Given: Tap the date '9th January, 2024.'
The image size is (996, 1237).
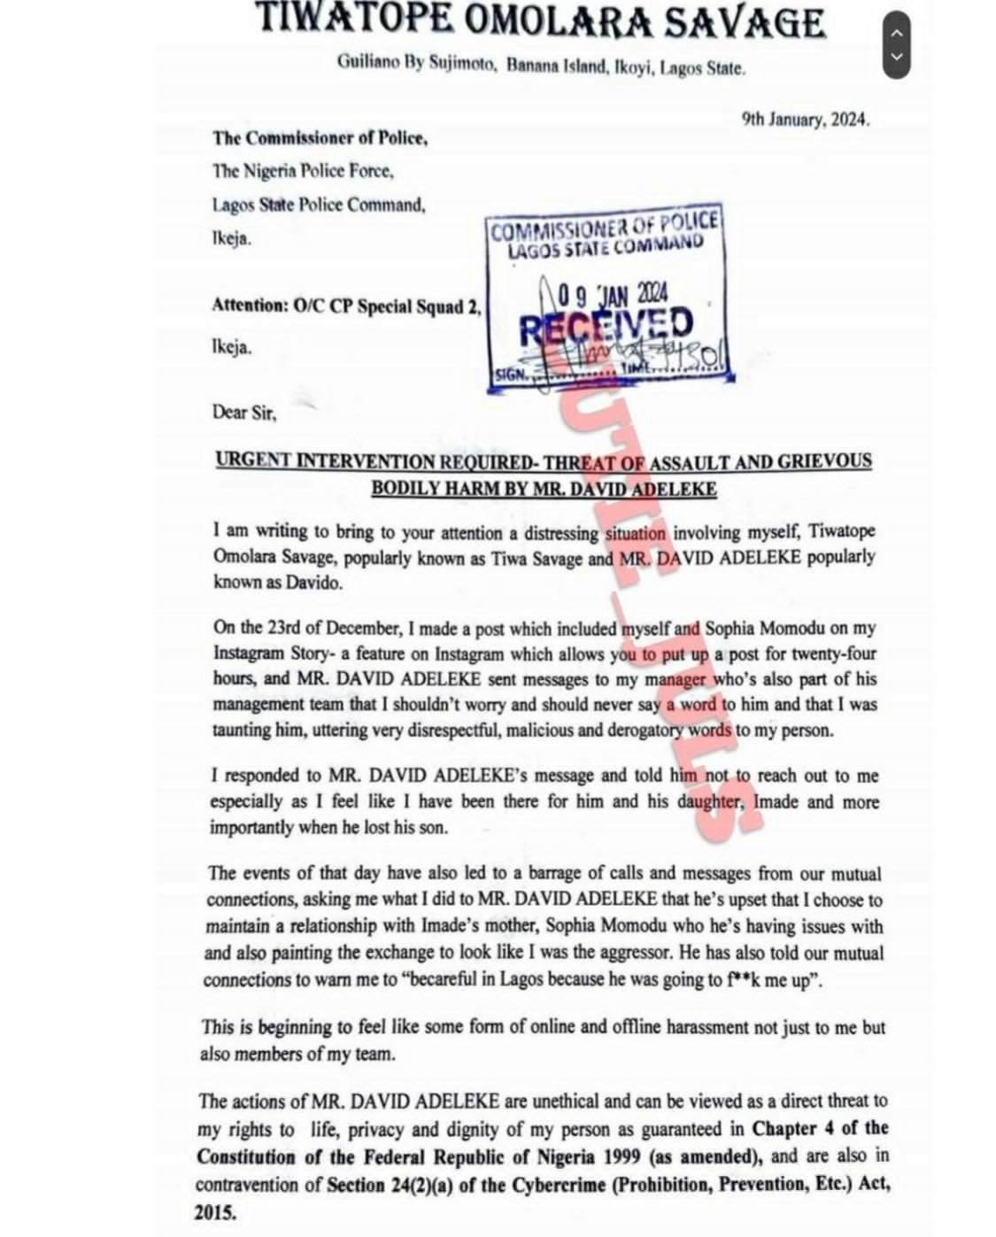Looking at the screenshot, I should coord(805,120).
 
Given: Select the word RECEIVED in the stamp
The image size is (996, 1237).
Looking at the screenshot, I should coord(606,325).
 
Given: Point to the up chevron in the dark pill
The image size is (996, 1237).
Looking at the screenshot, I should coord(896,33).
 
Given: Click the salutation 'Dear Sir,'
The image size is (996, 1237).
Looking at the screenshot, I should coord(243,412).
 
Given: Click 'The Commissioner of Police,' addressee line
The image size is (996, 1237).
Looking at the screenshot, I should coord(320,138).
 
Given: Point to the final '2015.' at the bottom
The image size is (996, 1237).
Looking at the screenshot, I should coord(216,1212).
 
